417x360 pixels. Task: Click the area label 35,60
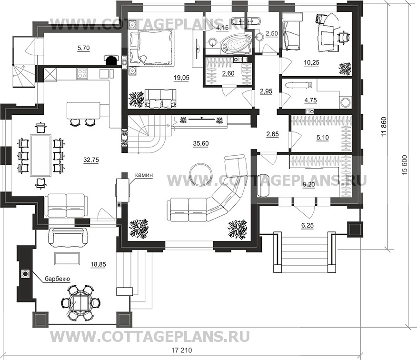click(201, 144)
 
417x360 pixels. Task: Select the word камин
click(144, 175)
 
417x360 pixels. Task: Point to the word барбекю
click(57, 279)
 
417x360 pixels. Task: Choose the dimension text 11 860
click(384, 127)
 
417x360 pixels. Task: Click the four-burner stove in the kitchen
click(82, 74)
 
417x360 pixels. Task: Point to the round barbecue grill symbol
click(26, 273)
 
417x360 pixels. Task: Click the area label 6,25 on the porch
click(308, 225)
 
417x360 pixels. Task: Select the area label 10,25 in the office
click(311, 63)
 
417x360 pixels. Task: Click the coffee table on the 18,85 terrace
click(67, 258)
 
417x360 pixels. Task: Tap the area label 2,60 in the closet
click(228, 73)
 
